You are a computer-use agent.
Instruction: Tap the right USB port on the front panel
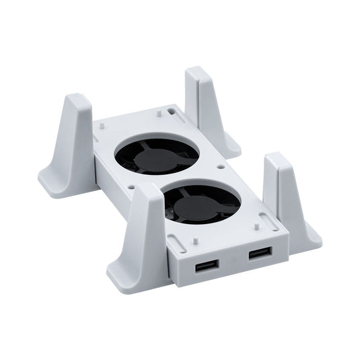pos(260,254)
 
